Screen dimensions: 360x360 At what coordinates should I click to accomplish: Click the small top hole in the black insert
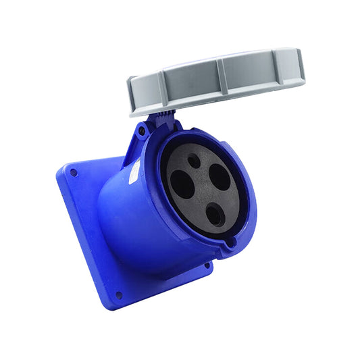click(194, 161)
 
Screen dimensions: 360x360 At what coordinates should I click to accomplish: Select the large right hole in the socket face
click(219, 177)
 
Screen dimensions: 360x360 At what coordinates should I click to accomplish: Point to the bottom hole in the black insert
click(214, 215)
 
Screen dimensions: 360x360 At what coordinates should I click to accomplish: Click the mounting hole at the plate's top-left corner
click(73, 173)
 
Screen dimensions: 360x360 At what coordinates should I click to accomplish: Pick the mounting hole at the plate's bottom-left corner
click(119, 294)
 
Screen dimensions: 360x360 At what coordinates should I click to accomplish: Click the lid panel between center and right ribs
click(251, 73)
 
